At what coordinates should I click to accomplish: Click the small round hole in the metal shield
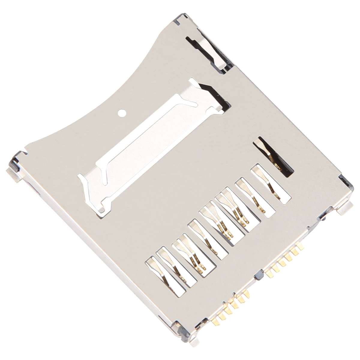(x=122, y=113)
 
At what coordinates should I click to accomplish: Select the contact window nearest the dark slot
(x=271, y=183)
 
